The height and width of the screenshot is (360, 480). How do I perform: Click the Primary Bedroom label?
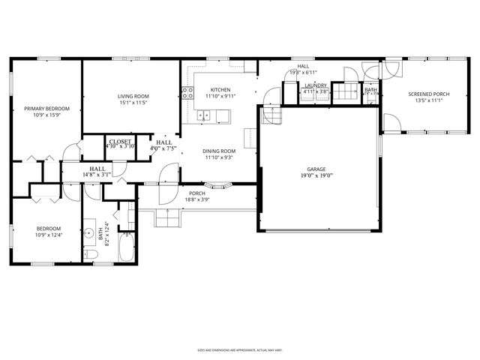tap(46, 109)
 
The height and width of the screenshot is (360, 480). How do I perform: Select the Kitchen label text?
tap(220, 89)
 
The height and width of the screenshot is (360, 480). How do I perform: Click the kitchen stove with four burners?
tap(187, 94)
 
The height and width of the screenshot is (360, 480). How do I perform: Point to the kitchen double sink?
tap(205, 116)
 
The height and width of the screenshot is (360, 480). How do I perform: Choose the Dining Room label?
tap(220, 151)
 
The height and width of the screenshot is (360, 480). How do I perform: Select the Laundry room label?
tap(315, 86)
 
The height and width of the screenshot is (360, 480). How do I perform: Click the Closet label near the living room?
tap(120, 141)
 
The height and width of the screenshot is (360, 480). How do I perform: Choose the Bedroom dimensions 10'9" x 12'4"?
tap(49, 236)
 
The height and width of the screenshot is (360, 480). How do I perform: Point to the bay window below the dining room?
tap(217, 185)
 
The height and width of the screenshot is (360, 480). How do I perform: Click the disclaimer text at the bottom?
tap(239, 349)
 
